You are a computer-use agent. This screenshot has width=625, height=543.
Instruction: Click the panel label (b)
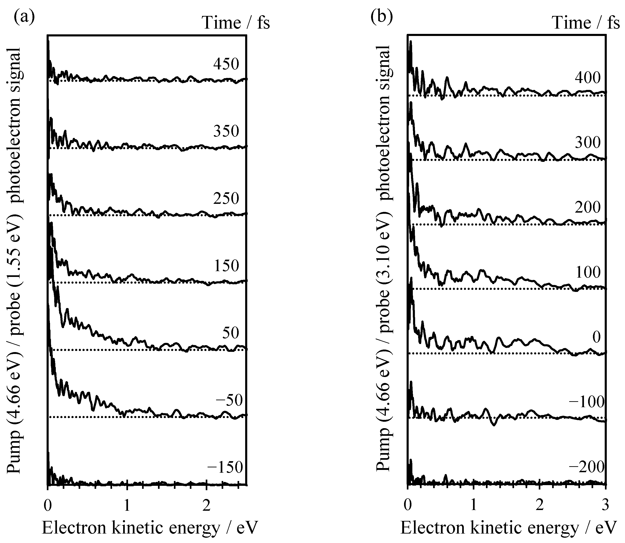click(382, 17)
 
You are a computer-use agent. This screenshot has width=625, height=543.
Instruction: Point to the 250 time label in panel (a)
click(226, 199)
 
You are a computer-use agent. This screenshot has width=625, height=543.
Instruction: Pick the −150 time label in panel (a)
click(225, 468)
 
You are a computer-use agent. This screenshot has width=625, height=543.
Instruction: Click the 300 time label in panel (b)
click(587, 142)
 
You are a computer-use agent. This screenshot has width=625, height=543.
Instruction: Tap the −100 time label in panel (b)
click(586, 402)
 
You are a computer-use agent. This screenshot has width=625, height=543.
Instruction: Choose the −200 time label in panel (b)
click(586, 467)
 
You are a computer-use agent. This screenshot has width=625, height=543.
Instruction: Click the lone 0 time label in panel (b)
click(596, 337)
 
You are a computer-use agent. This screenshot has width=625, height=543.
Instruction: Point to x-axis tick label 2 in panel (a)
click(206, 506)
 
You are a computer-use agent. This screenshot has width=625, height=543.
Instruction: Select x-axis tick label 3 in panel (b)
click(605, 506)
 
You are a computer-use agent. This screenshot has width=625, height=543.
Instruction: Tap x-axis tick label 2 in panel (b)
click(539, 506)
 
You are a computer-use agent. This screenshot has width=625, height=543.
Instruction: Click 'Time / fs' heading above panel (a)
click(236, 23)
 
